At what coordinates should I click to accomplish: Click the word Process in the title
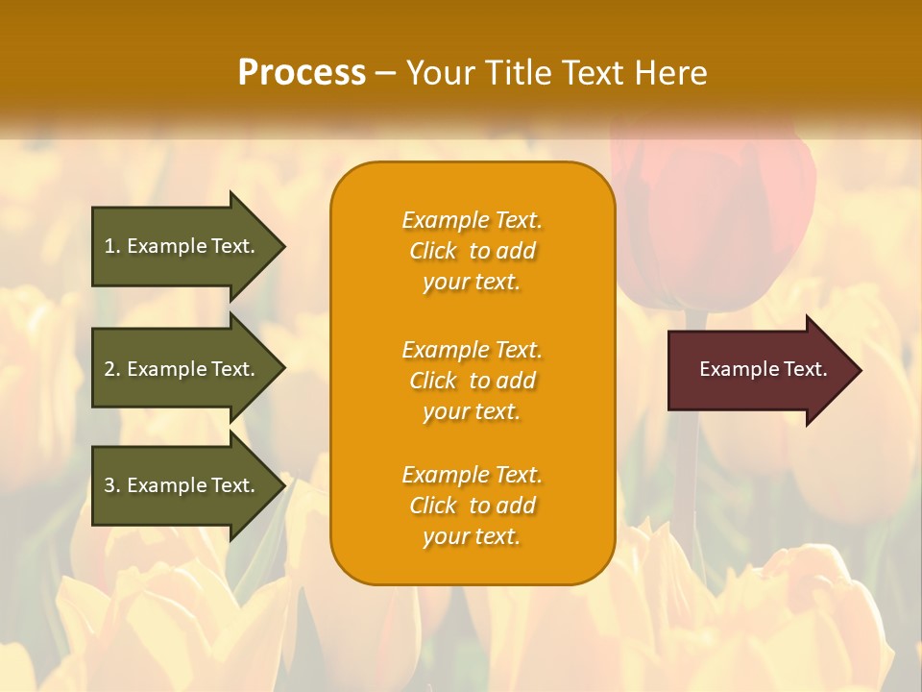(x=302, y=73)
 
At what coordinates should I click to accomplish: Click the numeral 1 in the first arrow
(x=109, y=246)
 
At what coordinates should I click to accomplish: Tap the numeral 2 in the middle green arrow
(x=109, y=369)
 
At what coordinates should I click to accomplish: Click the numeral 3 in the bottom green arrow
(x=109, y=485)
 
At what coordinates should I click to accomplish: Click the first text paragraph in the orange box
(x=472, y=251)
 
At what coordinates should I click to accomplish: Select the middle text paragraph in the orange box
(x=472, y=381)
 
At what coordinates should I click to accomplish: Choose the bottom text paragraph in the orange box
(x=472, y=506)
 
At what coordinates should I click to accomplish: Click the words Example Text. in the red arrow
(x=764, y=370)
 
